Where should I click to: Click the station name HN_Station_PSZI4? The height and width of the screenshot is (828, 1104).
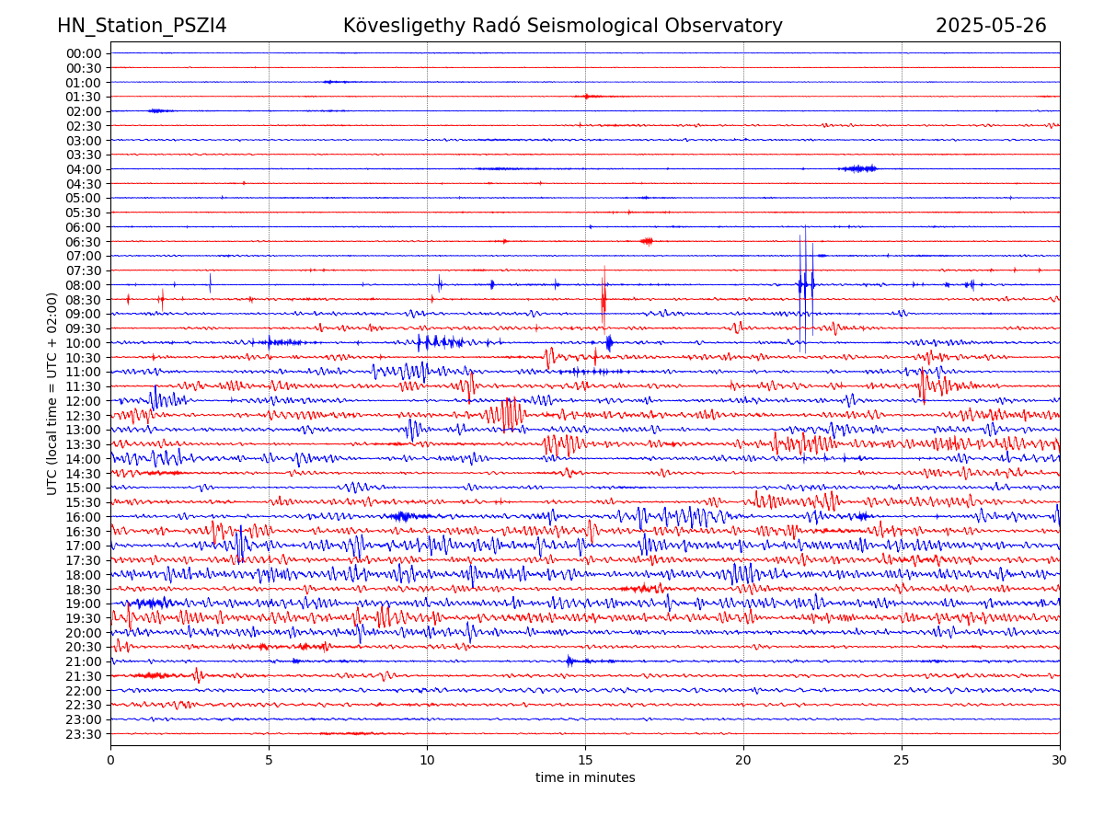click(142, 26)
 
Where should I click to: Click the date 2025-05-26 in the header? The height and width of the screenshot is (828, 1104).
click(991, 26)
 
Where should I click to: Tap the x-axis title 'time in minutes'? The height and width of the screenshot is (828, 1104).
click(585, 777)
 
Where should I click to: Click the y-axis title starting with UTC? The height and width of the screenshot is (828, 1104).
click(52, 393)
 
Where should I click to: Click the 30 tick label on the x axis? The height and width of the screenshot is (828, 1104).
click(1060, 760)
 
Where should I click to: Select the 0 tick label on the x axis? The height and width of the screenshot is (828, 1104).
click(110, 760)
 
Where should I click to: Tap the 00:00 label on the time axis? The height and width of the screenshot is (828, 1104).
click(84, 53)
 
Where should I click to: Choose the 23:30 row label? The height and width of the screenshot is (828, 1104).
click(84, 734)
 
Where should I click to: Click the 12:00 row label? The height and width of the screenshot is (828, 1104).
click(84, 401)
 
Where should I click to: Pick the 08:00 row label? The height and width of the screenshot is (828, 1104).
click(84, 285)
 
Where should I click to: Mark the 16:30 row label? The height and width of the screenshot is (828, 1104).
click(84, 532)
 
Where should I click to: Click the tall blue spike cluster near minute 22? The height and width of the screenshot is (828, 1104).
click(805, 285)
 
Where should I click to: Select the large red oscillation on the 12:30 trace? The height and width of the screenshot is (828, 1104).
click(508, 414)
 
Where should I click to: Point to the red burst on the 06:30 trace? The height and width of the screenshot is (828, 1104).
click(648, 241)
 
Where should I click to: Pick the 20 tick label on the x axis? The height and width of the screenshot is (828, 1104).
click(743, 760)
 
